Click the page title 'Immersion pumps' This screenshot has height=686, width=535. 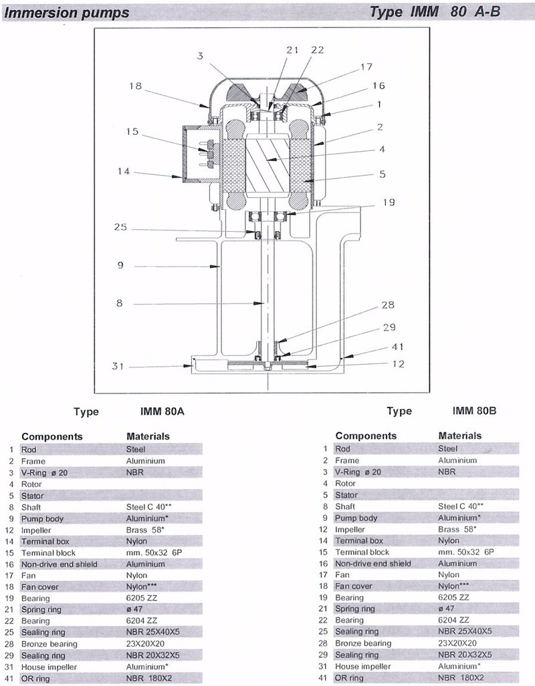(67, 13)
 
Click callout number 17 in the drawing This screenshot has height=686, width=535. (366, 67)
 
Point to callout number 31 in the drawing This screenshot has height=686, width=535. (118, 366)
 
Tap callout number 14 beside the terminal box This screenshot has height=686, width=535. (124, 171)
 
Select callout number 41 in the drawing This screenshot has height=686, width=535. (397, 347)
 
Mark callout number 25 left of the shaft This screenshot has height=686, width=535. (120, 227)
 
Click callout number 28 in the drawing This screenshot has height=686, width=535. (389, 305)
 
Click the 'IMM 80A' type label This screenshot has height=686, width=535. (162, 411)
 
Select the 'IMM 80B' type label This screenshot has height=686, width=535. (475, 410)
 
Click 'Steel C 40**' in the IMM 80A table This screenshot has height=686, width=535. (148, 507)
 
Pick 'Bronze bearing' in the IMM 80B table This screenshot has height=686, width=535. (363, 643)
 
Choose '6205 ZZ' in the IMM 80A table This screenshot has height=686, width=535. (142, 598)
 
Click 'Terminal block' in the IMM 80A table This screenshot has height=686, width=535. (48, 552)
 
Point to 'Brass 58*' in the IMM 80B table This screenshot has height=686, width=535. (457, 529)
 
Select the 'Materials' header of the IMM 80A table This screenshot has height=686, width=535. (148, 436)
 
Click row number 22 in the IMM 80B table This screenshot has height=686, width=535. (323, 620)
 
